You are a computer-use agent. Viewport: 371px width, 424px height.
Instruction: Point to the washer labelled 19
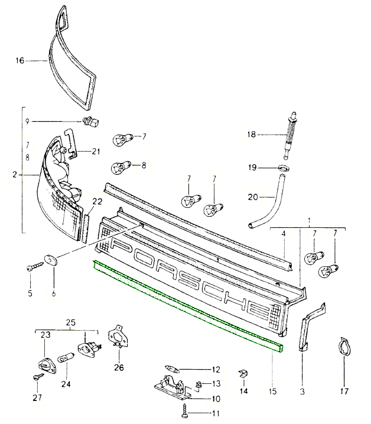(284, 168)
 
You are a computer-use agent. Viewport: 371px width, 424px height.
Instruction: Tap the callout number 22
(96, 202)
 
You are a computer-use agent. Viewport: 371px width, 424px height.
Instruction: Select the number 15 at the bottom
(273, 390)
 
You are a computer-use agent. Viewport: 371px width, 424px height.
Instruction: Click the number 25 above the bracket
(71, 322)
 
